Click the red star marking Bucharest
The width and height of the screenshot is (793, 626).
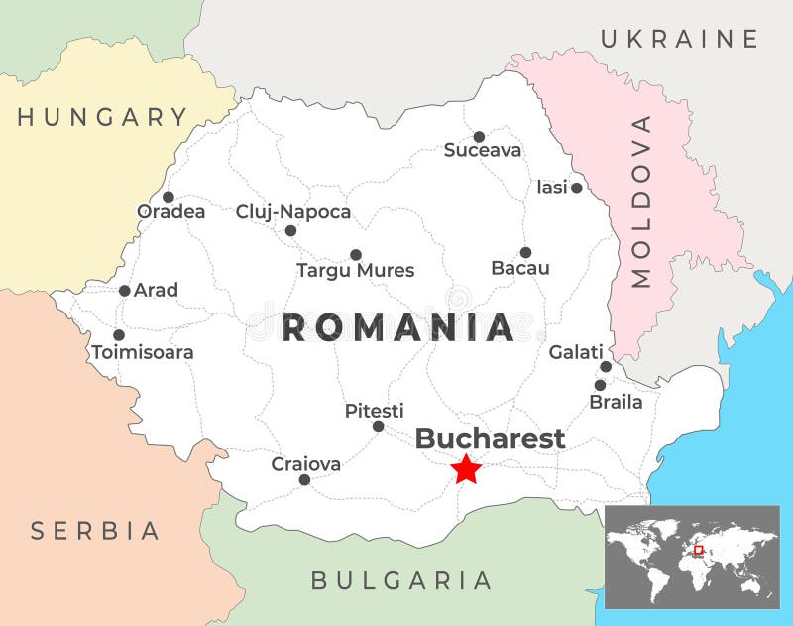(466, 468)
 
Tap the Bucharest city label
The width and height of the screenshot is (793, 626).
(490, 438)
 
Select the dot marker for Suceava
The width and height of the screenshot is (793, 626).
(479, 137)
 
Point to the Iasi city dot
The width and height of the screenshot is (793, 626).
(577, 188)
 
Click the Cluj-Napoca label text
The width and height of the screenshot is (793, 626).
(293, 212)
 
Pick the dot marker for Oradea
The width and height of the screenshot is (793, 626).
(169, 197)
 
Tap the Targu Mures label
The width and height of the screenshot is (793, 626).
(356, 271)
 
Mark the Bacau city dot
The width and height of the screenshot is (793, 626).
(525, 252)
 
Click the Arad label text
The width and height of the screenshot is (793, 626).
(157, 291)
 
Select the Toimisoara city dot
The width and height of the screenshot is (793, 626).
(119, 335)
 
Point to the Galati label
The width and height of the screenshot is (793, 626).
(576, 352)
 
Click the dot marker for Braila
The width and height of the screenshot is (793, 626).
(600, 385)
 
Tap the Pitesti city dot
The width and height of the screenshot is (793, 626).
(378, 426)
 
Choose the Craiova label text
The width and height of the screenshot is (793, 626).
(306, 464)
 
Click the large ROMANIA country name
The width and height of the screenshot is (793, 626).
(397, 327)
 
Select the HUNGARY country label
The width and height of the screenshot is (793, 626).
(103, 117)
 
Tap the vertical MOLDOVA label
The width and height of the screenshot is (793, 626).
(642, 201)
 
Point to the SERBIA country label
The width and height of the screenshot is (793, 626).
(95, 531)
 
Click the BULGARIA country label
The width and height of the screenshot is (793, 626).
(401, 580)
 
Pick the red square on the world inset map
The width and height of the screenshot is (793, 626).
(698, 550)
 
